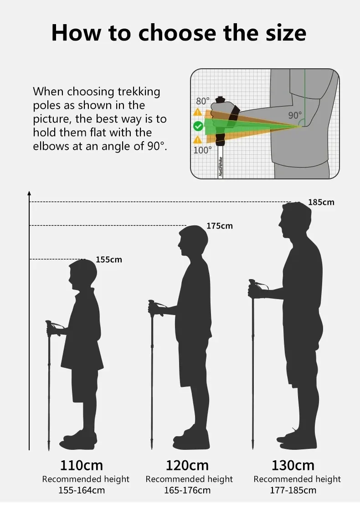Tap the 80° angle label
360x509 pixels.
pyautogui.click(x=203, y=101)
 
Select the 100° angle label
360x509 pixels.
pyautogui.click(x=202, y=150)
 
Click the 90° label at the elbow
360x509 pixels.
pyautogui.click(x=295, y=115)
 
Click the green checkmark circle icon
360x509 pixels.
pyautogui.click(x=198, y=126)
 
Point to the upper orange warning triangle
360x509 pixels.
pyautogui.click(x=198, y=112)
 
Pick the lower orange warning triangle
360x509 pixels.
pyautogui.click(x=198, y=140)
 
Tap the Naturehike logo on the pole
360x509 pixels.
pyautogui.click(x=221, y=167)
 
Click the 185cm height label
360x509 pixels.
pyautogui.click(x=321, y=202)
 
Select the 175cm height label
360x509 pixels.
pyautogui.click(x=220, y=226)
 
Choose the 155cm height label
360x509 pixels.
pyautogui.click(x=109, y=260)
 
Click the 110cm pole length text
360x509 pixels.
pyautogui.click(x=82, y=465)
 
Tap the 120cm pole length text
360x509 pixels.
pyautogui.click(x=187, y=465)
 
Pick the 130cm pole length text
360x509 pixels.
pyautogui.click(x=293, y=465)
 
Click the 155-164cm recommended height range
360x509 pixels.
pyautogui.click(x=82, y=490)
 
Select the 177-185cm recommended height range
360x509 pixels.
pyautogui.click(x=293, y=490)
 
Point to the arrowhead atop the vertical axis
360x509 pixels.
pyautogui.click(x=29, y=193)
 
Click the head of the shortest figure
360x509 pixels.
pyautogui.click(x=83, y=274)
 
